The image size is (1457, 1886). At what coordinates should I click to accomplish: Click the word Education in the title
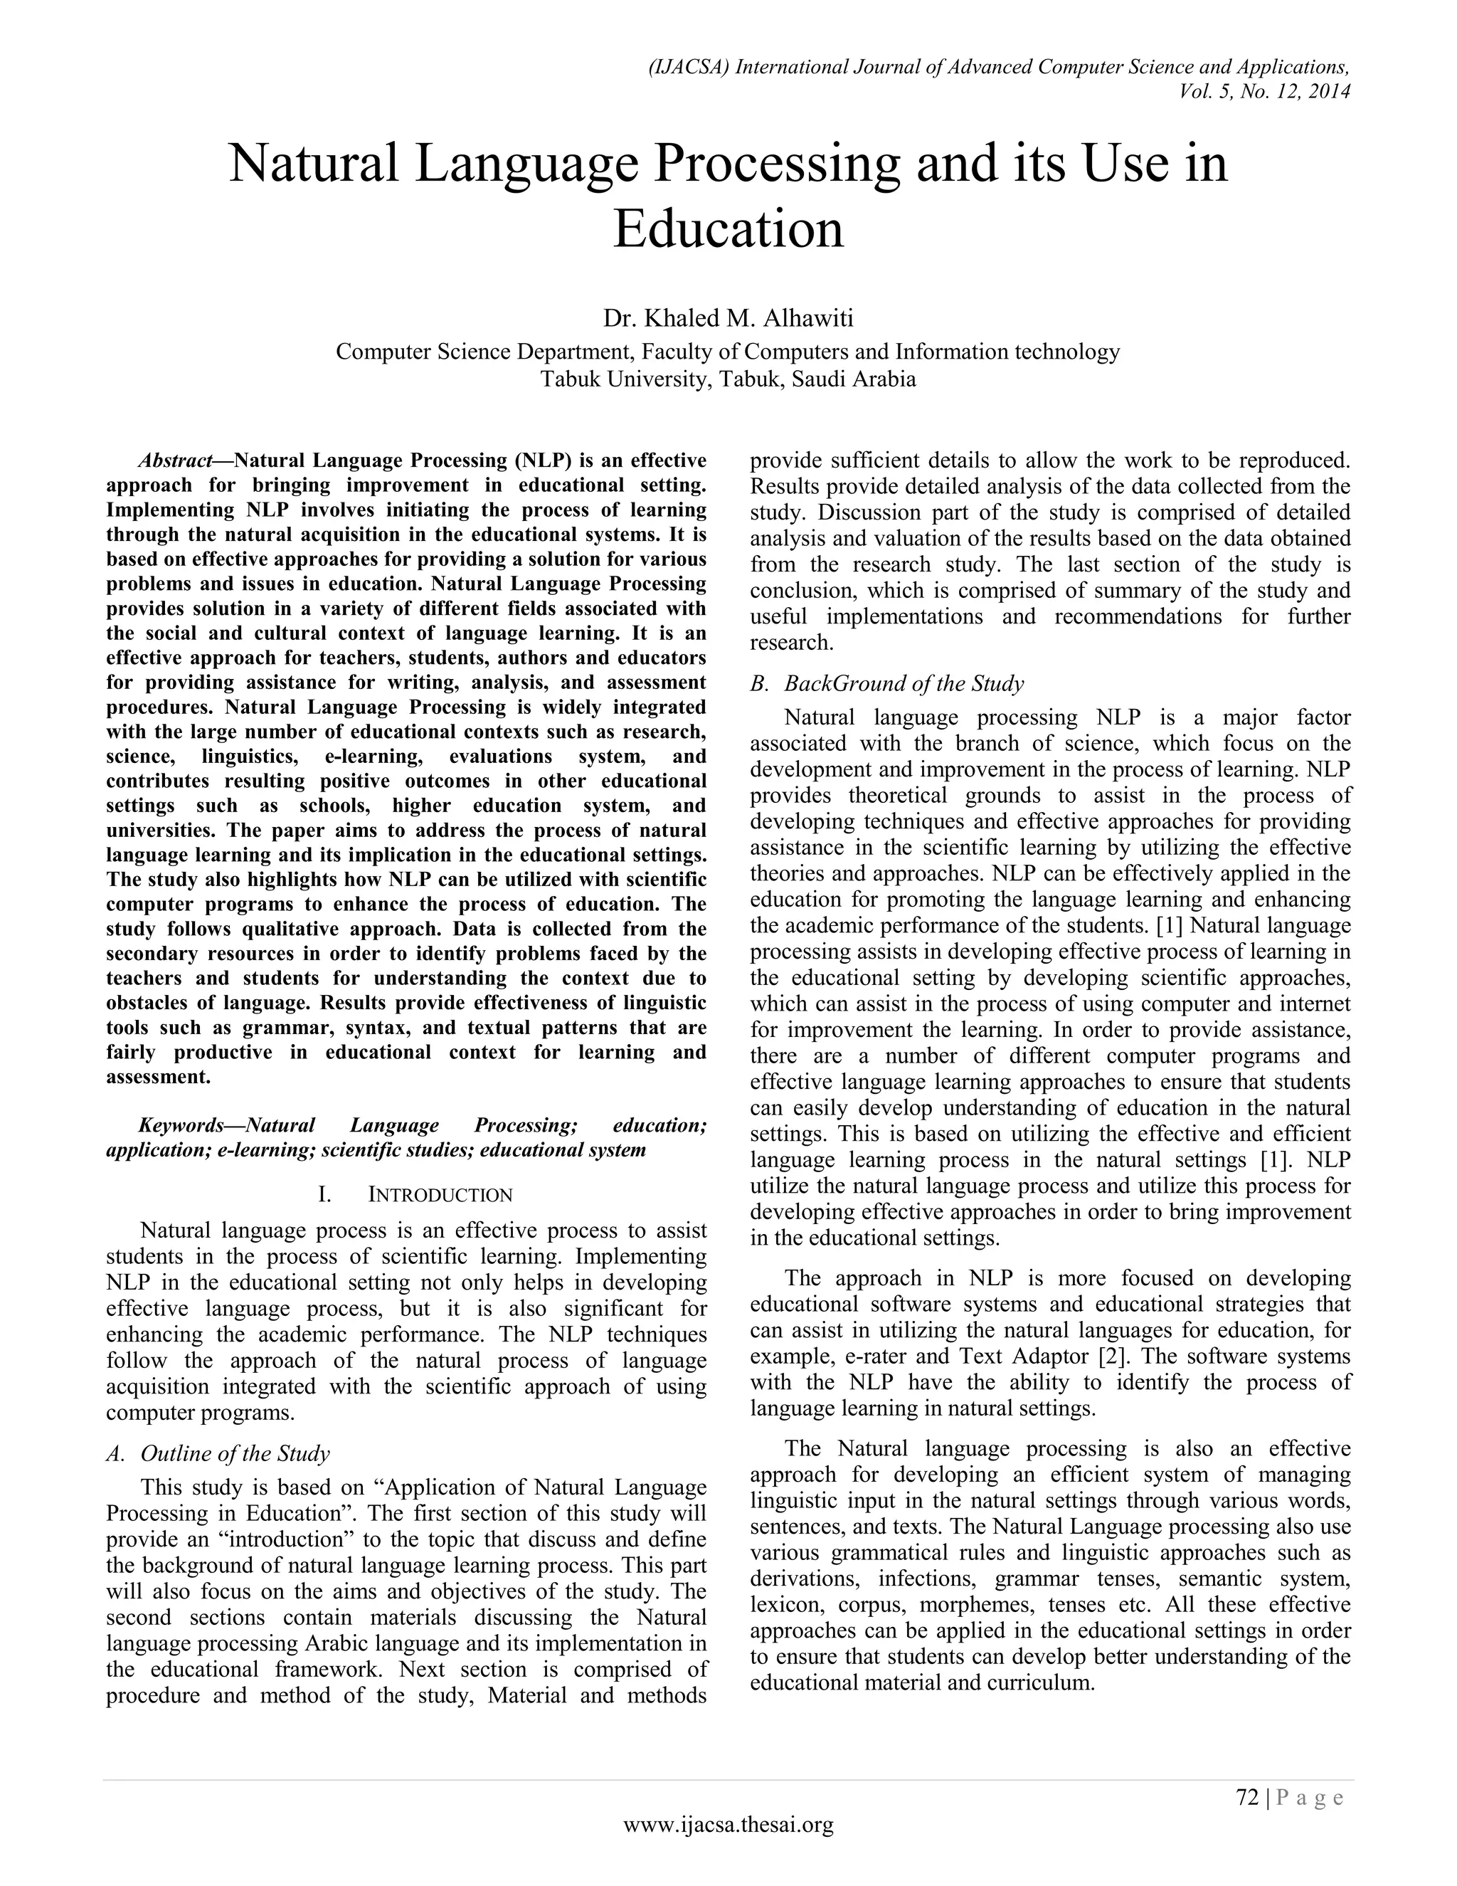[728, 230]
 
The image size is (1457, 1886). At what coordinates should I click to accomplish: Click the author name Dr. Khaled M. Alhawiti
[728, 319]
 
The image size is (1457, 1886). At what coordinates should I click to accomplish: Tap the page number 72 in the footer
[1247, 1797]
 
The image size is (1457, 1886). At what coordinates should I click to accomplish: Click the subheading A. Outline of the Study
[218, 1453]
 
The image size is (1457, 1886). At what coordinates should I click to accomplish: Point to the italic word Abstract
[175, 460]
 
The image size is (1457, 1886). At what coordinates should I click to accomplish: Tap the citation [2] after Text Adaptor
[1111, 1356]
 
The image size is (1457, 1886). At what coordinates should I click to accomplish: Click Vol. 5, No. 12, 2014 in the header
[1264, 90]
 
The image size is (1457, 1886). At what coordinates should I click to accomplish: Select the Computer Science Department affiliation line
[728, 352]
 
